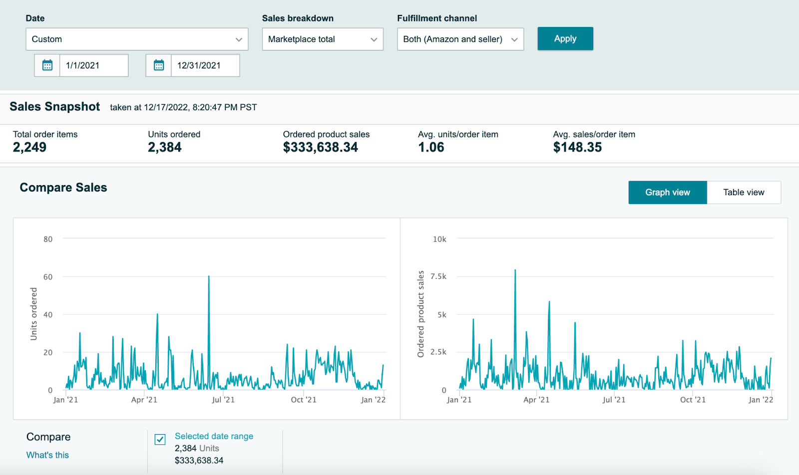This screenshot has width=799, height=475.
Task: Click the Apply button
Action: [565, 38]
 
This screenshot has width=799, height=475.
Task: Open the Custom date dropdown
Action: [137, 39]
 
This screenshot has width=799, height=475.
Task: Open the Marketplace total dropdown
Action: [323, 39]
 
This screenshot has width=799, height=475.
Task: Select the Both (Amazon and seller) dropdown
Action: [460, 39]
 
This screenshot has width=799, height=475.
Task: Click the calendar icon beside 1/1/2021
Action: [47, 65]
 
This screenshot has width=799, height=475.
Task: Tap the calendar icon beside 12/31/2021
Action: [159, 65]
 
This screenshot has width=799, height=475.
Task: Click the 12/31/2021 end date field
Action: [205, 65]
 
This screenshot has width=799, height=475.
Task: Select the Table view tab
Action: [744, 193]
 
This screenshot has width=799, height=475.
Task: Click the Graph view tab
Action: [667, 193]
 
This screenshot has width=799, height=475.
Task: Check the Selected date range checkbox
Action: [160, 440]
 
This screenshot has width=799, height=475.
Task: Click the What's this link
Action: [47, 455]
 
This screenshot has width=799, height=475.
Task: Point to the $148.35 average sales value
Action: [577, 147]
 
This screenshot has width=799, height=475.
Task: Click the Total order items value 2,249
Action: [29, 147]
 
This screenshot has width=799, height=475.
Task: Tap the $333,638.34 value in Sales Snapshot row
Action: [320, 147]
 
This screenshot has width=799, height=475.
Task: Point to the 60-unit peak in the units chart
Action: [209, 276]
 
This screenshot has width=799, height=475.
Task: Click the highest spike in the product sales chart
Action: [515, 270]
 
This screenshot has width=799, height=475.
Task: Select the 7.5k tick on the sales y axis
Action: [438, 276]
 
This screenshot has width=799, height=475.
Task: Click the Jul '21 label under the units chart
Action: [223, 400]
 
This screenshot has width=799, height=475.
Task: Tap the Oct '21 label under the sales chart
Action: [693, 400]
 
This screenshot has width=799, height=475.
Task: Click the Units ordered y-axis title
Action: [33, 314]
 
